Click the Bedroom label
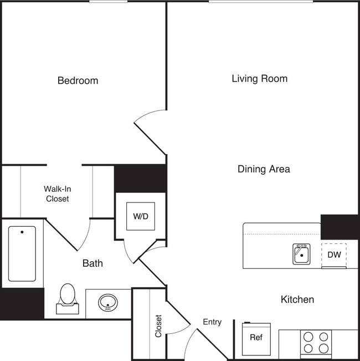(x=78, y=81)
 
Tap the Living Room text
(x=259, y=79)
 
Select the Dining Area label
(x=264, y=169)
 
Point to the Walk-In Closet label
(x=57, y=194)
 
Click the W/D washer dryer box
(x=141, y=216)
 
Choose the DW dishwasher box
(x=334, y=255)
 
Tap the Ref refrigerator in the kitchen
(x=256, y=338)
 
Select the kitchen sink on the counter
(x=301, y=255)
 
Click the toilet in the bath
(x=67, y=298)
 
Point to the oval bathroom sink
(x=107, y=303)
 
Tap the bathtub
(x=22, y=253)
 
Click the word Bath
(x=92, y=263)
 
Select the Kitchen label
(x=297, y=299)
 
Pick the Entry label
(x=212, y=322)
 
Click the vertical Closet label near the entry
(x=158, y=327)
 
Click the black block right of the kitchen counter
(x=340, y=227)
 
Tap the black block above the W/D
(x=141, y=179)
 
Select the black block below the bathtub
(x=22, y=304)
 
